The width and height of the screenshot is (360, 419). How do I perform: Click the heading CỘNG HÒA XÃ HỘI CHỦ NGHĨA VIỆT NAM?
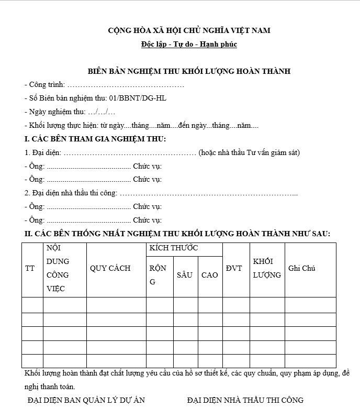pyautogui.click(x=189, y=30)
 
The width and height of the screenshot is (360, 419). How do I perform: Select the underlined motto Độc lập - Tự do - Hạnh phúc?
pyautogui.click(x=189, y=45)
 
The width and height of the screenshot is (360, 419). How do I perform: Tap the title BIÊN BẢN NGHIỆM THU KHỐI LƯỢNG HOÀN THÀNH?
pyautogui.click(x=189, y=71)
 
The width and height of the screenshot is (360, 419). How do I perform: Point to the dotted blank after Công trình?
pyautogui.click(x=126, y=84)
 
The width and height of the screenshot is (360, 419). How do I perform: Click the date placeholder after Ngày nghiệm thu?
pyautogui.click(x=102, y=112)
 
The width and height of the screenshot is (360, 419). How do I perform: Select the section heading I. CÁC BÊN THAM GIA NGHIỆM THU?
pyautogui.click(x=95, y=139)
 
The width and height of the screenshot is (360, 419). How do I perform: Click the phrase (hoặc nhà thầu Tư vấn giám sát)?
pyautogui.click(x=249, y=152)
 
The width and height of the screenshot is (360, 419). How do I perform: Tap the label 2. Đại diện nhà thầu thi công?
pyautogui.click(x=71, y=193)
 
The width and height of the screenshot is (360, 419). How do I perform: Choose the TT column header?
pyautogui.click(x=30, y=268)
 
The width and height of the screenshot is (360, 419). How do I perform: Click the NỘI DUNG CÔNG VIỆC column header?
pyautogui.click(x=58, y=268)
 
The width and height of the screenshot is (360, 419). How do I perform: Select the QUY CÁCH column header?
pyautogui.click(x=110, y=268)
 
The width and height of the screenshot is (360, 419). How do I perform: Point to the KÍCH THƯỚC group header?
pyautogui.click(x=174, y=248)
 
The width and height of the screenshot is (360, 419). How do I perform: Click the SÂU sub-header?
pyautogui.click(x=185, y=275)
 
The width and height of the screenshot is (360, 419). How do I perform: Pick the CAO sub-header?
pyautogui.click(x=209, y=275)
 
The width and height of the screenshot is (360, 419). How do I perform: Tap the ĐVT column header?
pyautogui.click(x=234, y=268)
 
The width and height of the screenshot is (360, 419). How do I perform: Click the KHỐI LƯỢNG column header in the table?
pyautogui.click(x=267, y=268)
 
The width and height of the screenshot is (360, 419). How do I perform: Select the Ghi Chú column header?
pyautogui.click(x=302, y=268)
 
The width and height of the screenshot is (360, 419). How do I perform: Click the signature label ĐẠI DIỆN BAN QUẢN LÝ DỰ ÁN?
pyautogui.click(x=86, y=400)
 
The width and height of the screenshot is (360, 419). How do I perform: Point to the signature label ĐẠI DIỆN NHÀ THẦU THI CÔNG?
pyautogui.click(x=245, y=400)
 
